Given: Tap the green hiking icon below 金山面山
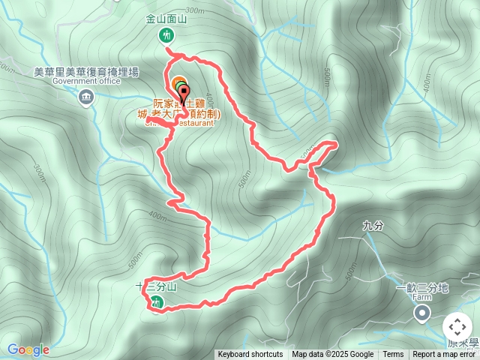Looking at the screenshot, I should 165,35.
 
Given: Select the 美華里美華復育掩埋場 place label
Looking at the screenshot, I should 86,72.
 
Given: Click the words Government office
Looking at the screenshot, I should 86,82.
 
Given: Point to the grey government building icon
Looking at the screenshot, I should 86,97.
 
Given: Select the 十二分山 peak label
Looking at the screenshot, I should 156,287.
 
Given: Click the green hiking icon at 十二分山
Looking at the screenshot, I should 156,302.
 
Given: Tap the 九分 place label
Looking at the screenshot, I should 372,225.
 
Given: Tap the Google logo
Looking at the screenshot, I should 28,349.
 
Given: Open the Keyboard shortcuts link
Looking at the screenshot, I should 250,355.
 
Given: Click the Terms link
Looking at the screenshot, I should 393,355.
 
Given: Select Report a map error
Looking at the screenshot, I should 444,355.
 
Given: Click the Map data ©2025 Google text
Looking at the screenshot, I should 332,355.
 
